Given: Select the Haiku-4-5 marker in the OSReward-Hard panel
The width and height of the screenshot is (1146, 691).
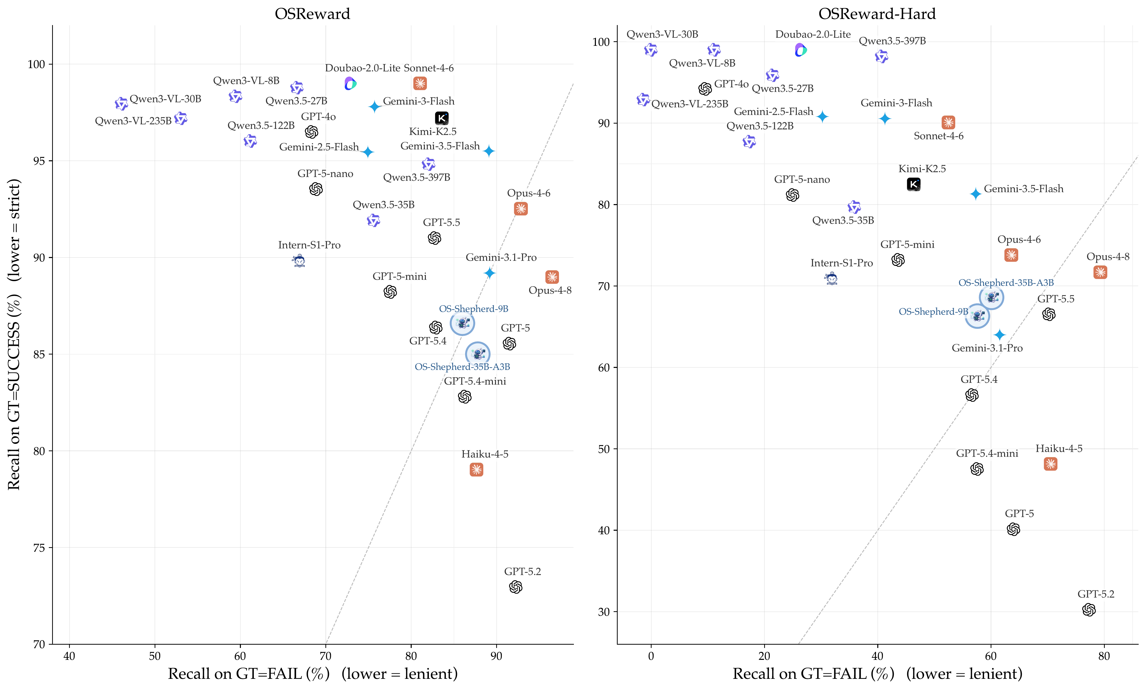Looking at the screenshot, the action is [x=1050, y=464].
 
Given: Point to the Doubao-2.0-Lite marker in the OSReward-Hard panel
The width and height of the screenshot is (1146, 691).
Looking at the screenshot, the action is [x=800, y=50].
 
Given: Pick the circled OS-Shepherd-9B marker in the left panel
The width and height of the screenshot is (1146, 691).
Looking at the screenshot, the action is [x=462, y=323].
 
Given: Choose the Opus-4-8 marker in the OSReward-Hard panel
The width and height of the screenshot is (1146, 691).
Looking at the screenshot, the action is [x=1100, y=272].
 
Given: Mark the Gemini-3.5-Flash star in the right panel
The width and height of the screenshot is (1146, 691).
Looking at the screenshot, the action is [x=975, y=193].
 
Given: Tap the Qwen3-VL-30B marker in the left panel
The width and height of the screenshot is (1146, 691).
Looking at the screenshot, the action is [x=121, y=103].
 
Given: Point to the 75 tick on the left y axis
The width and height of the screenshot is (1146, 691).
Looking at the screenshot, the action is [x=39, y=548].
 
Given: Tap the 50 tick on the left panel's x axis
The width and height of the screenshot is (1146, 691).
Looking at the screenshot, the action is [x=154, y=656].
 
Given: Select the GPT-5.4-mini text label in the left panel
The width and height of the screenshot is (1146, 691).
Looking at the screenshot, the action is [x=475, y=381].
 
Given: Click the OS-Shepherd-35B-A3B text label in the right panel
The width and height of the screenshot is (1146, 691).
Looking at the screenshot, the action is [x=1006, y=282].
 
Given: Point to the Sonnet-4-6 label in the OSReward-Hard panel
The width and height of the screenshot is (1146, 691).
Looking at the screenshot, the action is [x=939, y=136].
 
